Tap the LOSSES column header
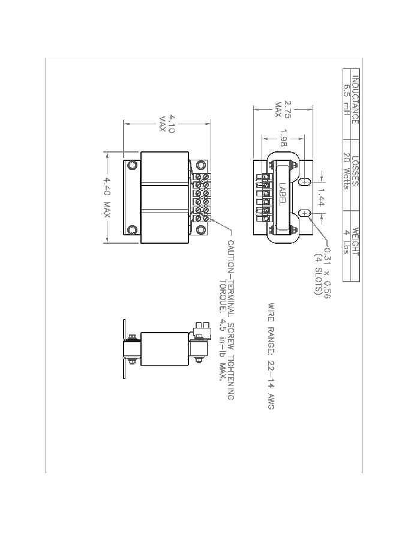pyautogui.click(x=355, y=172)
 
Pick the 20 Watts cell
pyautogui.click(x=346, y=171)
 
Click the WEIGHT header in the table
pyautogui.click(x=355, y=241)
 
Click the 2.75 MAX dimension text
pyautogui.click(x=283, y=109)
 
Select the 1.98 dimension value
pyautogui.click(x=283, y=138)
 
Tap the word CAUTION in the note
pyautogui.click(x=230, y=258)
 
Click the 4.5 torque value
pyautogui.click(x=221, y=332)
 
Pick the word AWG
pyautogui.click(x=271, y=400)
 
